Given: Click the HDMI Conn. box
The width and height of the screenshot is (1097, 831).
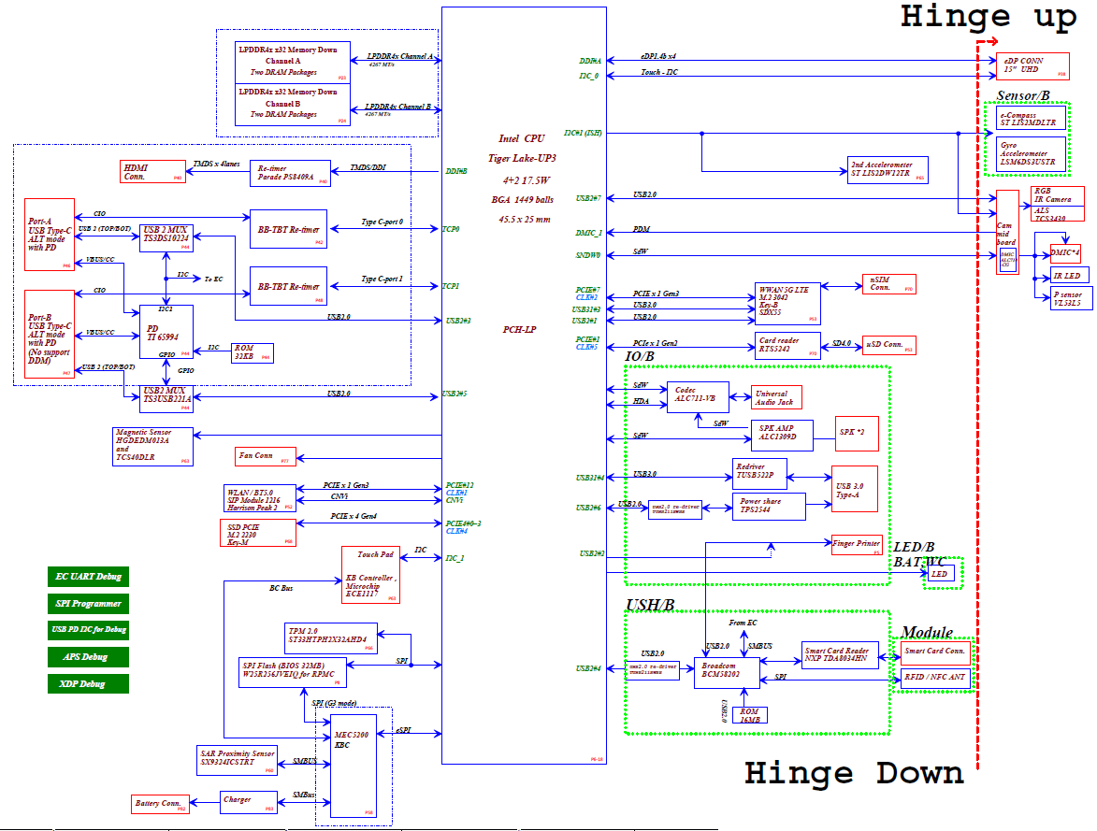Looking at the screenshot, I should [x=139, y=171].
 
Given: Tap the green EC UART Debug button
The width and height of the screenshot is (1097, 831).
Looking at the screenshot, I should [x=88, y=577].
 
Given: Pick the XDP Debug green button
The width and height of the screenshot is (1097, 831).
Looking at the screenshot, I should [x=88, y=683].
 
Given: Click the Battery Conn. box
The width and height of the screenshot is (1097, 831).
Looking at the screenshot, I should [x=160, y=803].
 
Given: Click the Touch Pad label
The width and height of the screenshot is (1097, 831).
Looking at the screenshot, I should [x=374, y=555].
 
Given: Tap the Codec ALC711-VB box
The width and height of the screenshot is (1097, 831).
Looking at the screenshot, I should [x=697, y=397].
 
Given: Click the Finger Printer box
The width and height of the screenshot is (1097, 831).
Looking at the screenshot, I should [x=857, y=545].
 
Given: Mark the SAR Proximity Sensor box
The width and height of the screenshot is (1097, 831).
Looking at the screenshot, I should [x=238, y=758].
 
